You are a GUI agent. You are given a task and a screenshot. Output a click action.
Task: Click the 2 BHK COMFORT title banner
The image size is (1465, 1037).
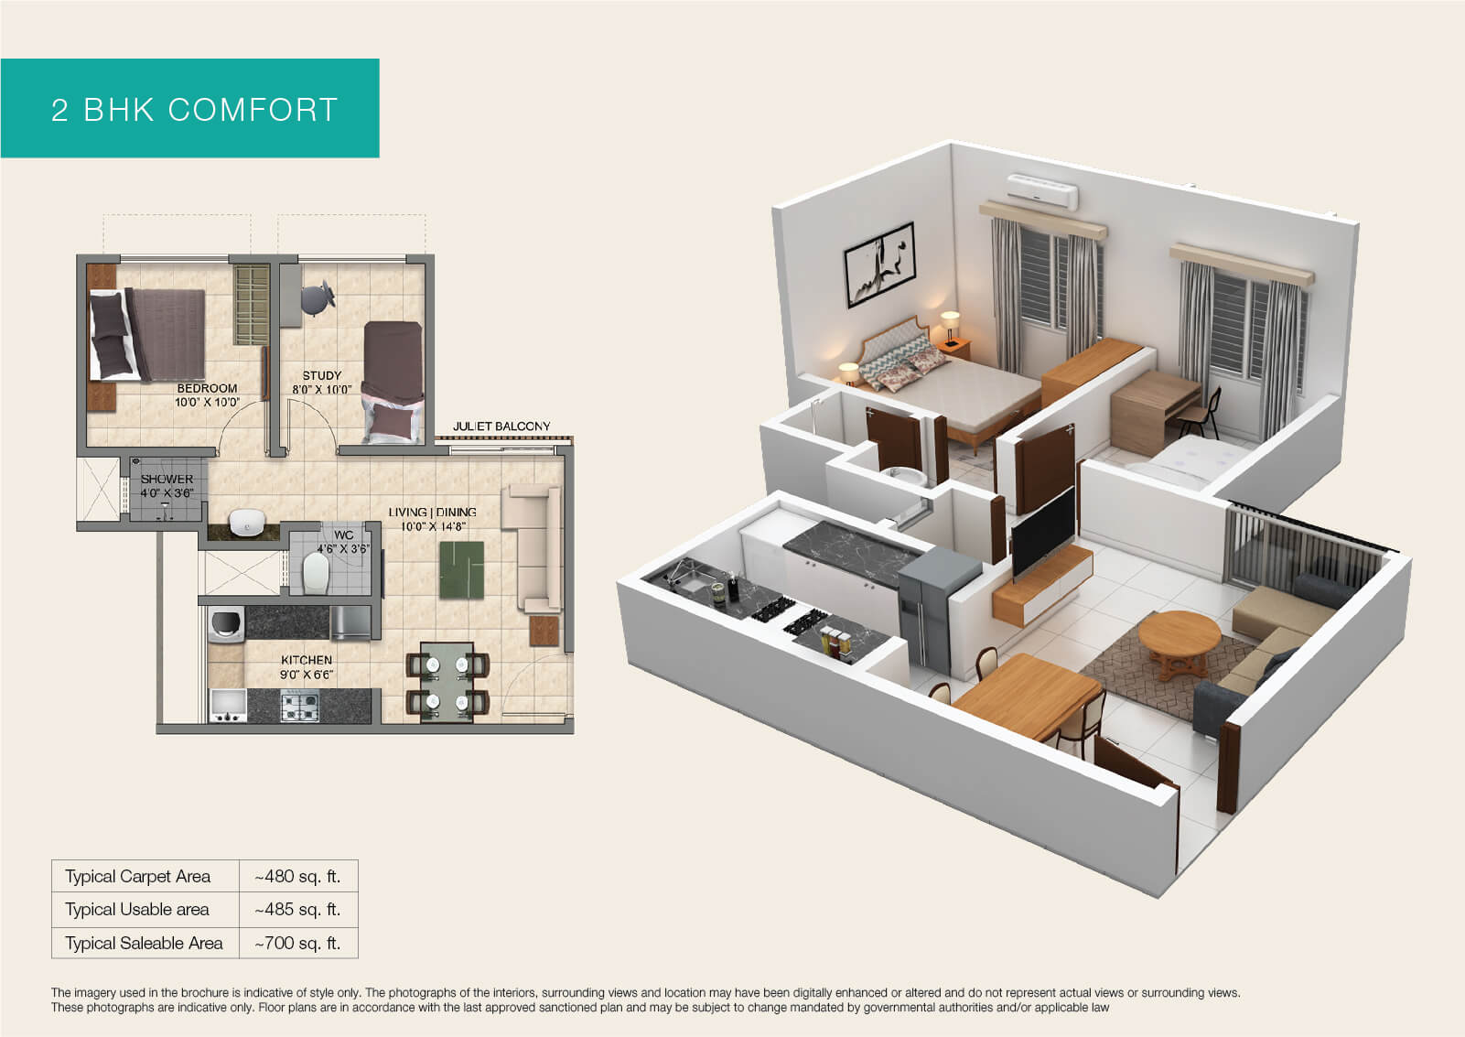pos(189,108)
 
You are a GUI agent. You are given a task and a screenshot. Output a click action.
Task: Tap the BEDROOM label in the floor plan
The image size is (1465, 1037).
pos(208,388)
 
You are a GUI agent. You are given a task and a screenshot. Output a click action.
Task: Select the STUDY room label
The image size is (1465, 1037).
pos(322,375)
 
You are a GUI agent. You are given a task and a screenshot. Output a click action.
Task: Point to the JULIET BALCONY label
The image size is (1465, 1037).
pos(501,426)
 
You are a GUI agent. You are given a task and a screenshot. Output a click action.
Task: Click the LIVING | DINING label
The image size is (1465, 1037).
pos(432,513)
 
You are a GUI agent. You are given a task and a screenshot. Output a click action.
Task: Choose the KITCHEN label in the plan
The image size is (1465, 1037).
pos(307,660)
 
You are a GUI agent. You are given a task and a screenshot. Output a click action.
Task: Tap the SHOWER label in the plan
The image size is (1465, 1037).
pos(167,479)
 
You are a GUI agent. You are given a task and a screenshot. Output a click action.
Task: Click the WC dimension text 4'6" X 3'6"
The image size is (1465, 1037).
pos(343,548)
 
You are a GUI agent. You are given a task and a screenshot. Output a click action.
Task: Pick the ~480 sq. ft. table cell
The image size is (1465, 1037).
pos(298,876)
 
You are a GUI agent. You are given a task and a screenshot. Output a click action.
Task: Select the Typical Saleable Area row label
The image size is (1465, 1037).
pos(144,943)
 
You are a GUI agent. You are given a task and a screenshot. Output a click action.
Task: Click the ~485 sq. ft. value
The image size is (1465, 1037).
pos(298,910)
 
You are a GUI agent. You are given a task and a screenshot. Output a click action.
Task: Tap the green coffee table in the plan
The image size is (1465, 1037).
pos(462,570)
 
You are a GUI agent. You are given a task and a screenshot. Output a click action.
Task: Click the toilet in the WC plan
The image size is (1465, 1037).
pos(316,573)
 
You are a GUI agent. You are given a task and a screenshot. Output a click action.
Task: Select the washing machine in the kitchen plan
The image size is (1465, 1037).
pos(226,624)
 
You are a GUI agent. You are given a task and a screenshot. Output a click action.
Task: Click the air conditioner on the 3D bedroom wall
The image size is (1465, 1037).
pos(1042,190)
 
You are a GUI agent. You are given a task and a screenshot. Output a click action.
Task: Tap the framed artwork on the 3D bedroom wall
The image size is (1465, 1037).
pos(879,265)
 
